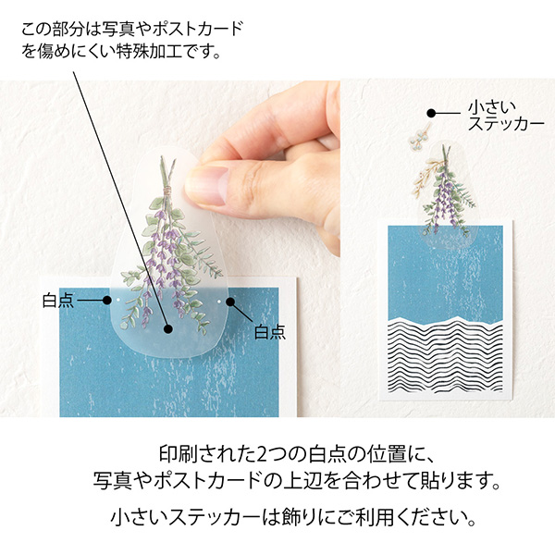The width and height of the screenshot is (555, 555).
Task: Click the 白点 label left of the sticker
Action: pyautogui.click(x=57, y=301)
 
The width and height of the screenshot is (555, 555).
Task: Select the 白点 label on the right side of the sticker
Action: pyautogui.click(x=269, y=330)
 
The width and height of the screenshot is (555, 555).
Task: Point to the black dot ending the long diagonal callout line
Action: pyautogui.click(x=167, y=327)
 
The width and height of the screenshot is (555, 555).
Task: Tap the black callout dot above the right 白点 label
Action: pyautogui.click(x=230, y=302)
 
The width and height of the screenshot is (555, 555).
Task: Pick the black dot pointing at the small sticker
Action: pyautogui.click(x=430, y=114)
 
